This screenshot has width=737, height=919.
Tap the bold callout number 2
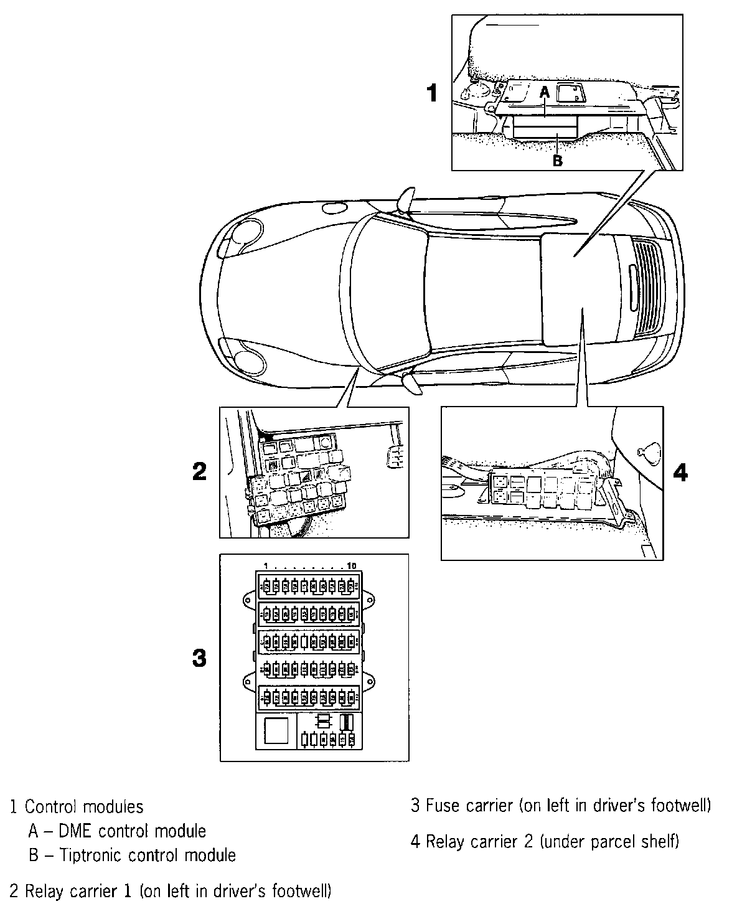pyautogui.click(x=199, y=471)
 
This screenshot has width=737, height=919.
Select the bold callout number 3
pyautogui.click(x=199, y=657)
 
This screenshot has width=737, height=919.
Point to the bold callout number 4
pyautogui.click(x=680, y=473)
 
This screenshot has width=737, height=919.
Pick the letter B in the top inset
pyautogui.click(x=558, y=161)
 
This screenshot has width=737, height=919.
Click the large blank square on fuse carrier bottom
pyautogui.click(x=276, y=730)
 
